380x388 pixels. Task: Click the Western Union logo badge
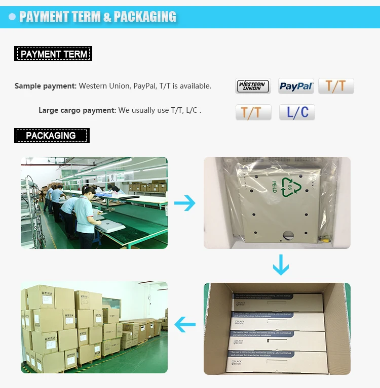coord(253,86)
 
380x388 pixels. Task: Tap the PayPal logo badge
coord(296,86)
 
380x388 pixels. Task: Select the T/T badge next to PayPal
coord(336,86)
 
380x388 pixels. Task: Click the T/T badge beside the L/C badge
coord(253,112)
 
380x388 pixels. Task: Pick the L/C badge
coord(297,112)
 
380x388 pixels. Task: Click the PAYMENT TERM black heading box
coord(53,54)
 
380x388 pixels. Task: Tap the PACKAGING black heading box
coord(51,136)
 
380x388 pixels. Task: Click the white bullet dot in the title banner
coord(12,17)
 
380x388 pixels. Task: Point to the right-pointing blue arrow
coord(185,204)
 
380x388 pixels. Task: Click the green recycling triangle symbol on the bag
coord(291,187)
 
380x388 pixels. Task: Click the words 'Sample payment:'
coord(46,86)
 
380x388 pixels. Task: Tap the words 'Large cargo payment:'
coord(77,110)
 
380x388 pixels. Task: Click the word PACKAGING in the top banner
coord(145,17)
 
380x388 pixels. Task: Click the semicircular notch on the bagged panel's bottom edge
coord(288,234)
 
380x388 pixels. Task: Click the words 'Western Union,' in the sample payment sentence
coord(105,86)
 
